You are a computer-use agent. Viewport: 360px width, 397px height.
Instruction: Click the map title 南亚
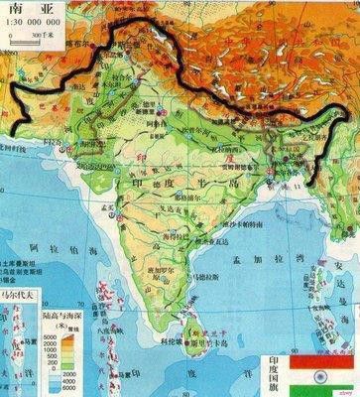(x=27, y=9)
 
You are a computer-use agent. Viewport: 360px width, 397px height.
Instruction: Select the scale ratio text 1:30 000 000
(x=30, y=23)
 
